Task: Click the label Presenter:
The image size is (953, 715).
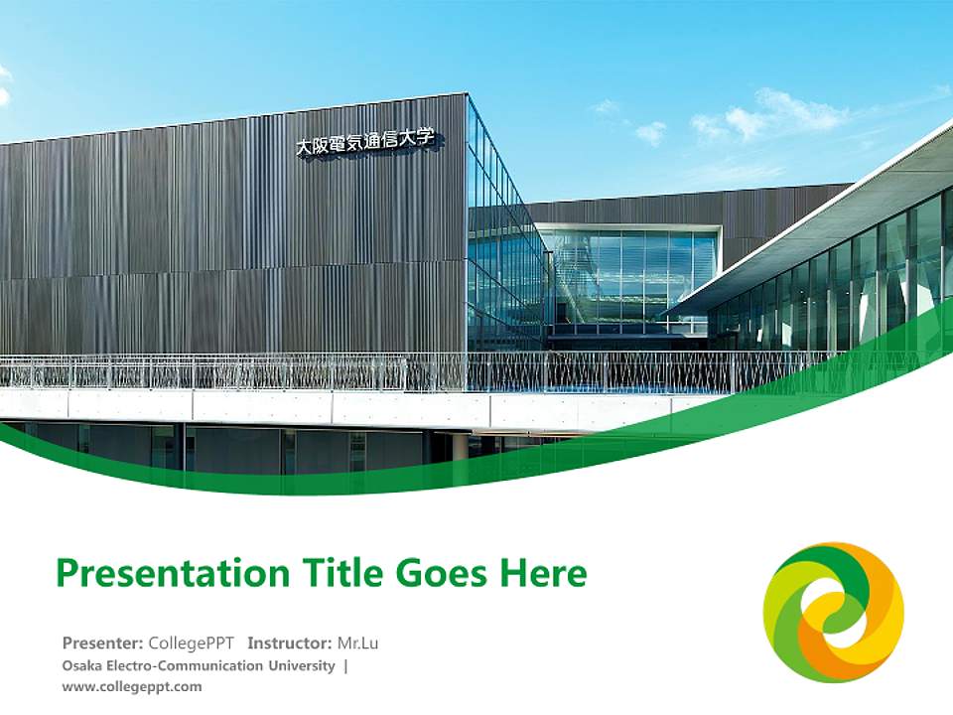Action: [x=103, y=643]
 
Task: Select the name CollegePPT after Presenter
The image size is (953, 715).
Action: [x=192, y=643]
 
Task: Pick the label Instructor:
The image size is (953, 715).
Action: [x=289, y=643]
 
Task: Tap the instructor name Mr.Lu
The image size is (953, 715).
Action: [x=358, y=643]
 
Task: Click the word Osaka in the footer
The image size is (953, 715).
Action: [x=80, y=665]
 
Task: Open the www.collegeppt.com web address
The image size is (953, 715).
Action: [x=131, y=686]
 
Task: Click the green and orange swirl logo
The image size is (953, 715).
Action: [x=833, y=612]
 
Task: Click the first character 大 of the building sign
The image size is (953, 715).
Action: [x=304, y=147]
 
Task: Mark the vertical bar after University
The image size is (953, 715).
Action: [x=345, y=665]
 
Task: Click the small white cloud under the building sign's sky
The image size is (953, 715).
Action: [x=650, y=131]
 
